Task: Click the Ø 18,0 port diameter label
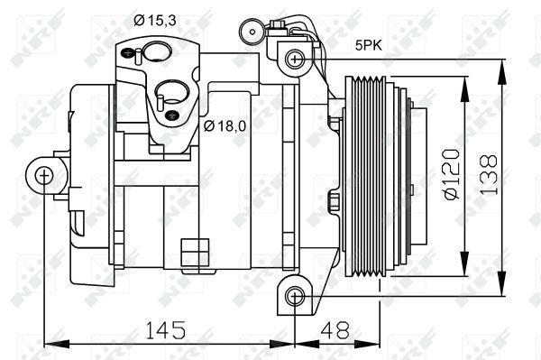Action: point(225,125)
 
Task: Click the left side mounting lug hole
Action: point(43,175)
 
